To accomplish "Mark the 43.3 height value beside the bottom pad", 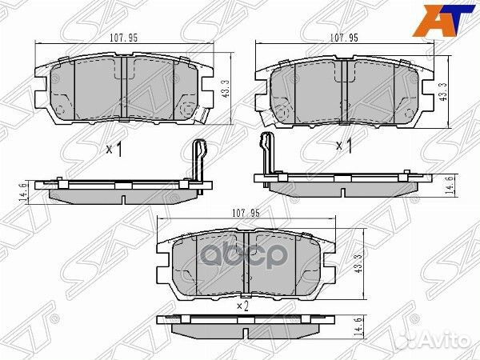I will point(366,262).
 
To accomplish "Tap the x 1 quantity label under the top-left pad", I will point(114,149).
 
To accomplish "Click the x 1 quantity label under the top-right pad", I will point(343,145).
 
